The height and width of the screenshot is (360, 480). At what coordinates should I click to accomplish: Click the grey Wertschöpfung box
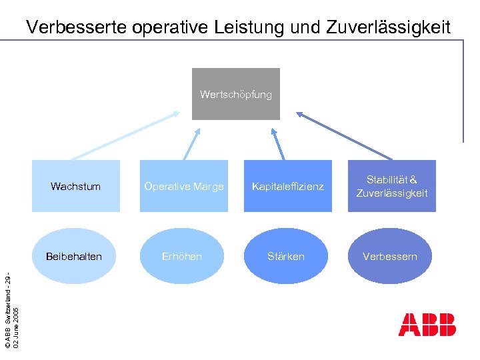pos(235,94)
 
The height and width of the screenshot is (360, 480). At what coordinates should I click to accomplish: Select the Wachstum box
pos(75,186)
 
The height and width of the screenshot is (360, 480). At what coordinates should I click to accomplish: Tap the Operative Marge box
pos(183,186)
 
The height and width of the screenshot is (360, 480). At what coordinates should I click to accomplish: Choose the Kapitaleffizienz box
pos(287,186)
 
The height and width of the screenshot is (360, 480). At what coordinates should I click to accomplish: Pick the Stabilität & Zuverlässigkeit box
pos(391,186)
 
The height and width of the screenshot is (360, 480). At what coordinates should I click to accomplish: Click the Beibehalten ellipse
pos(74,256)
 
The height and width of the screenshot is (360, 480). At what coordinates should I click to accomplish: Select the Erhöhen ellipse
pos(181,256)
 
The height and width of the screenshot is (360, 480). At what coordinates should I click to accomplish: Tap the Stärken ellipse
pos(286,256)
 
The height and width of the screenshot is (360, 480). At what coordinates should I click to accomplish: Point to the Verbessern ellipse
pos(390,256)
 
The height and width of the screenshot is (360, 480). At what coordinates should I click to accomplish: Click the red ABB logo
pos(427,324)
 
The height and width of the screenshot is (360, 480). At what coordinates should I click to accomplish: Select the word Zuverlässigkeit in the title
pos(388,27)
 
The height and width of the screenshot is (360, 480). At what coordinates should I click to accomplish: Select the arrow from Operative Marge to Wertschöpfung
pos(192,144)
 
